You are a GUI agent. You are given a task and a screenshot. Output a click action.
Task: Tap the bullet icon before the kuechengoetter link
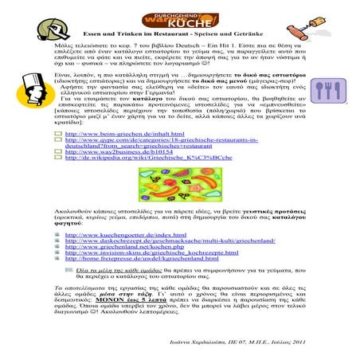coord(58,236)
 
